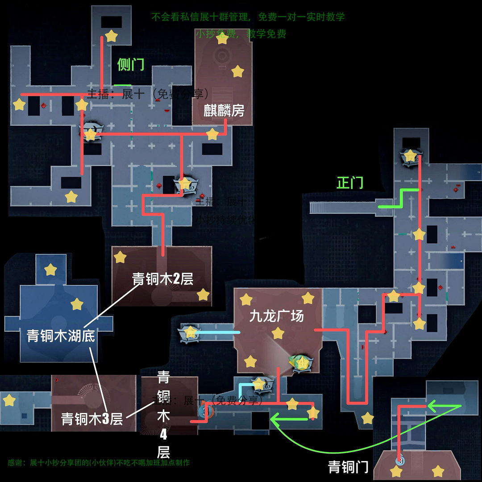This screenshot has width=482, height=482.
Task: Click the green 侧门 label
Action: [130, 65]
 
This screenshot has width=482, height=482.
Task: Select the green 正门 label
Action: [350, 183]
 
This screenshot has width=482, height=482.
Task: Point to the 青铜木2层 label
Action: [162, 279]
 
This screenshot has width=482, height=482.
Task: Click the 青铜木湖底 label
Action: [61, 335]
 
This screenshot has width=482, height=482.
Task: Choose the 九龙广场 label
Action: [276, 316]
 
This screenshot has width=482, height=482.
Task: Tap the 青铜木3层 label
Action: [92, 419]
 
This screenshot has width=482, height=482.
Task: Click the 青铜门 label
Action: [348, 467]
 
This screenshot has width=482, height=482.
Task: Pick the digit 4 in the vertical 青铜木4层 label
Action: [163, 434]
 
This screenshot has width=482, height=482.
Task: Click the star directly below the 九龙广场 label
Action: [278, 333]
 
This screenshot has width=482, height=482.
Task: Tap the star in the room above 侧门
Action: [111, 36]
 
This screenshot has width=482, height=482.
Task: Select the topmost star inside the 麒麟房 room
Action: [222, 38]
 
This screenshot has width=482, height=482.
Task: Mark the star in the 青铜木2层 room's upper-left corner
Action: [120, 257]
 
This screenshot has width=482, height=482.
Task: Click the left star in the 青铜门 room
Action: [396, 471]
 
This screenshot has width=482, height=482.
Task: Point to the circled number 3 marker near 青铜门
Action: [400, 460]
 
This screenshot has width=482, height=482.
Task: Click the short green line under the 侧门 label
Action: [122, 85]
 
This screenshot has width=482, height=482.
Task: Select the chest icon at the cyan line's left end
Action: [189, 332]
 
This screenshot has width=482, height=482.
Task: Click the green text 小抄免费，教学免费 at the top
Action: [241, 34]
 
